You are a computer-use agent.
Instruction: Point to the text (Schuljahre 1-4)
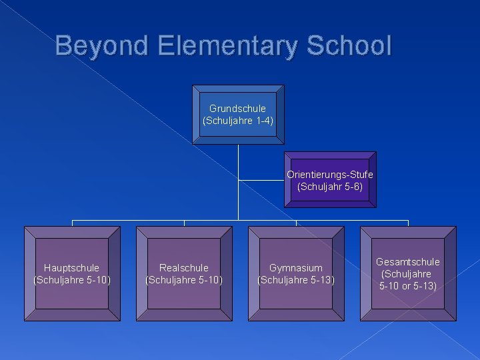pos(238,121)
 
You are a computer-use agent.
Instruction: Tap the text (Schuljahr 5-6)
pos(330,187)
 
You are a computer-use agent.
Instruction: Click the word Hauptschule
pos(72,267)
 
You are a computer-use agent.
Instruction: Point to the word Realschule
pos(184,267)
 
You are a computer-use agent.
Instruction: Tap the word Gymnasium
pos(296,267)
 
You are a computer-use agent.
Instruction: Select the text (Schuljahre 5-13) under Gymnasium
pos(296,279)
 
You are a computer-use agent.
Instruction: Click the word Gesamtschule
pos(408,262)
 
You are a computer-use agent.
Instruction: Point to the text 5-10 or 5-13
pos(408,286)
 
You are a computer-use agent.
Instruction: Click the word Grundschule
pos(238,108)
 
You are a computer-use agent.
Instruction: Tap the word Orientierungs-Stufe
pos(330,175)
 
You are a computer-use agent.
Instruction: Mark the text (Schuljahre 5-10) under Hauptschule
pos(72,279)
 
